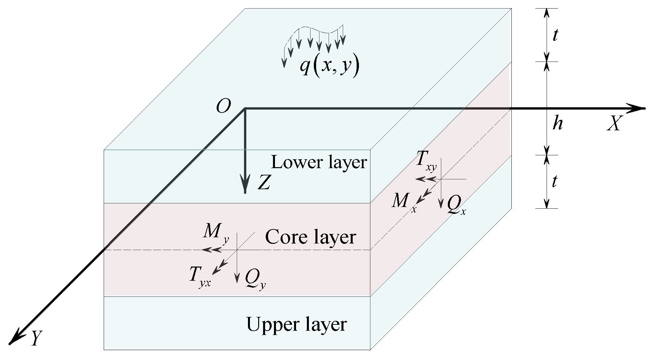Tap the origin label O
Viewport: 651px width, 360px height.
[223, 106]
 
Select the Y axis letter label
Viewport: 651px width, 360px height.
[37, 338]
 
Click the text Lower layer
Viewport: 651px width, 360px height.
[319, 162]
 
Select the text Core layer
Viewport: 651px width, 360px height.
[311, 237]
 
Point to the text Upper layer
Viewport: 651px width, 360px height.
[296, 324]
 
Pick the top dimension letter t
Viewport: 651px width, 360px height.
[555, 36]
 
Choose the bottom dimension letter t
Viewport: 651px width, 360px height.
[555, 181]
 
